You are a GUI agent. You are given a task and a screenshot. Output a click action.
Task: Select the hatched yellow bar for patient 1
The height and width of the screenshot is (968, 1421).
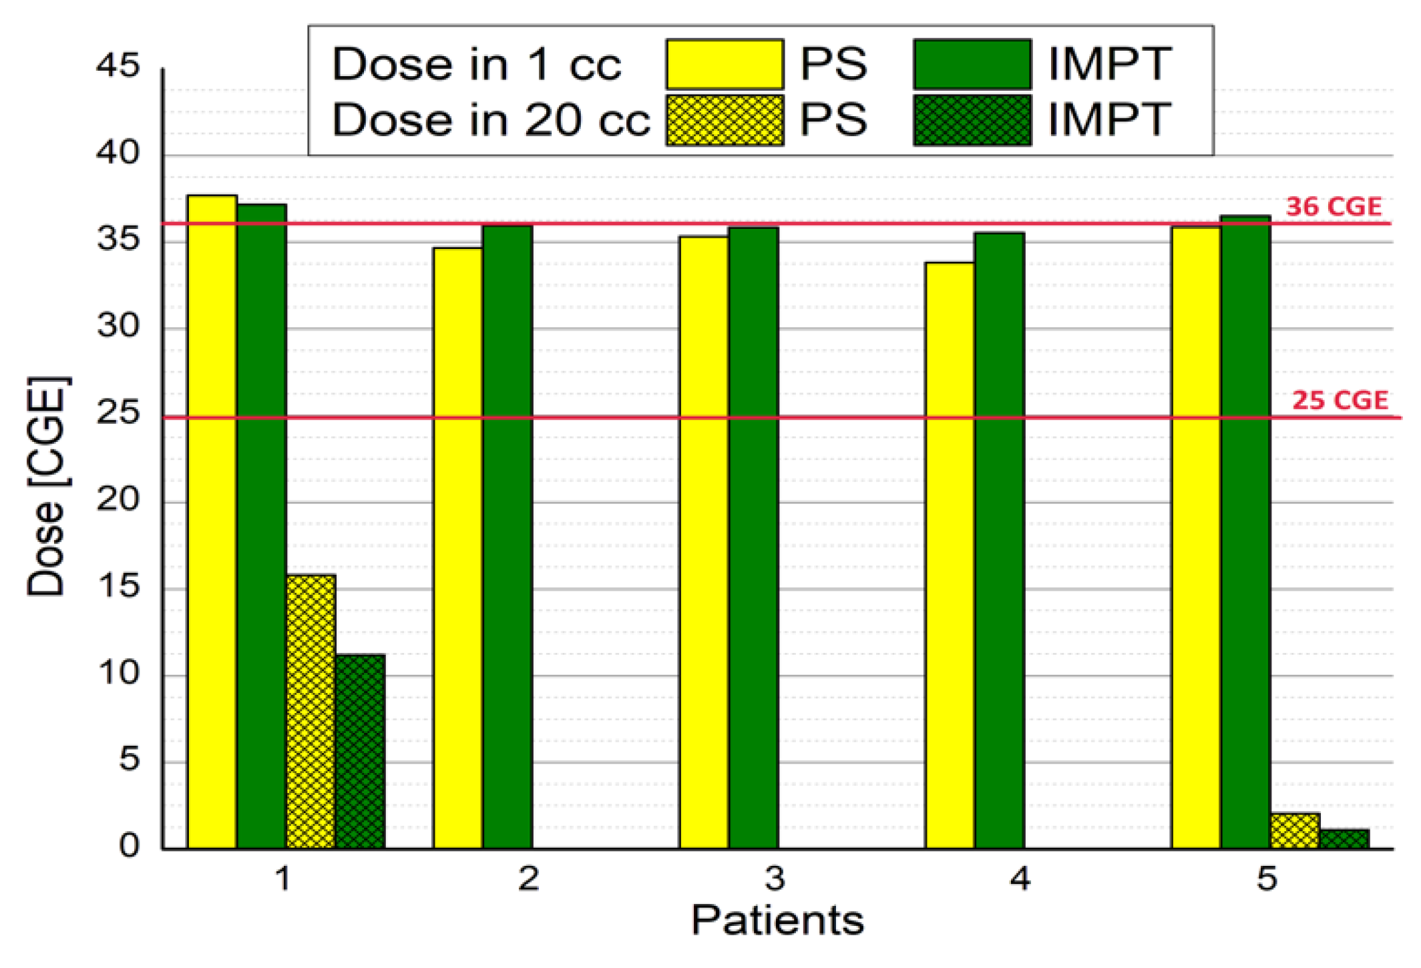[311, 712]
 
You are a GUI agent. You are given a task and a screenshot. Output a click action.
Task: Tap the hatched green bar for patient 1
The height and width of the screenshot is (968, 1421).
[361, 752]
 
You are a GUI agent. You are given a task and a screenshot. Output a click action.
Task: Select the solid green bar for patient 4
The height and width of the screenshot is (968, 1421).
[1000, 541]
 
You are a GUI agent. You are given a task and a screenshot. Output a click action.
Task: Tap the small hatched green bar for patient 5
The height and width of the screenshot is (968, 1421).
[1344, 839]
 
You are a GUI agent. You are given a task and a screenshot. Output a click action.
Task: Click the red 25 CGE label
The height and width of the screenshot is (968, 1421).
[1340, 400]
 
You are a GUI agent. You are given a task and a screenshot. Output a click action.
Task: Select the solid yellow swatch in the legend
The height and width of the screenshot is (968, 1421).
[725, 64]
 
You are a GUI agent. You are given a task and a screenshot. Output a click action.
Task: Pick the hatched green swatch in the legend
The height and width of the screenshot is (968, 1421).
[972, 120]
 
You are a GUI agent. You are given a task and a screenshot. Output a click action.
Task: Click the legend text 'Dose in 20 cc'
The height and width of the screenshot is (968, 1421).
[491, 120]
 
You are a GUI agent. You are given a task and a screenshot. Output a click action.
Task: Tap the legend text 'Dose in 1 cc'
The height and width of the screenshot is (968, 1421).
[476, 65]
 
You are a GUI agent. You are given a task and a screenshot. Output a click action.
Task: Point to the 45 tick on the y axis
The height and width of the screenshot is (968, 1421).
[118, 66]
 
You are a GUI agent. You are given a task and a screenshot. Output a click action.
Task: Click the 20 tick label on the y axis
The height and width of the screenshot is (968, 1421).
[118, 499]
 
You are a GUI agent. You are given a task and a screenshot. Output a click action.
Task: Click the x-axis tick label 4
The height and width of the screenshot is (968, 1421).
[1020, 879]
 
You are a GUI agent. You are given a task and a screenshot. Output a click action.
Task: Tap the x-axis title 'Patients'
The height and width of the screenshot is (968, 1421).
[777, 921]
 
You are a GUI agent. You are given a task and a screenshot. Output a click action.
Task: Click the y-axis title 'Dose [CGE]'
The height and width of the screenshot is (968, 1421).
[47, 486]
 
